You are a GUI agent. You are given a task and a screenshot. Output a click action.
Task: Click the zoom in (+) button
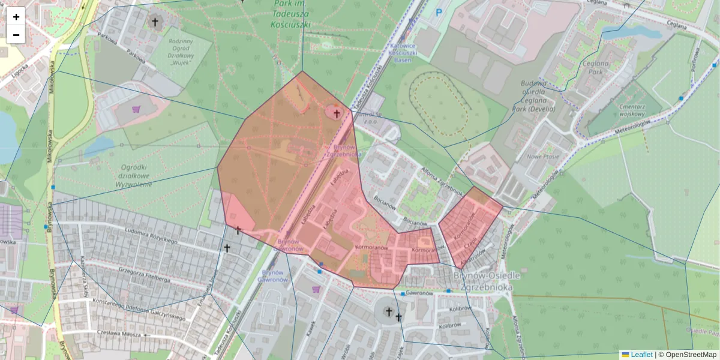tap(16, 16)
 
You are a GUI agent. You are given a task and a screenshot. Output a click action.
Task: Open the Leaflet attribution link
tap(641, 355)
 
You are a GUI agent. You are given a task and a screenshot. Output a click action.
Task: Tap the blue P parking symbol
tap(439, 11)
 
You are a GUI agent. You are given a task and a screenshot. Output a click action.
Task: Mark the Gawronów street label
tap(419, 293)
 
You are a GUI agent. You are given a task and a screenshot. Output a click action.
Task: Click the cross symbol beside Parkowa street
tap(155, 23)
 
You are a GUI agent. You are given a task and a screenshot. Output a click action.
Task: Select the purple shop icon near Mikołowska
tap(136, 109)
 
